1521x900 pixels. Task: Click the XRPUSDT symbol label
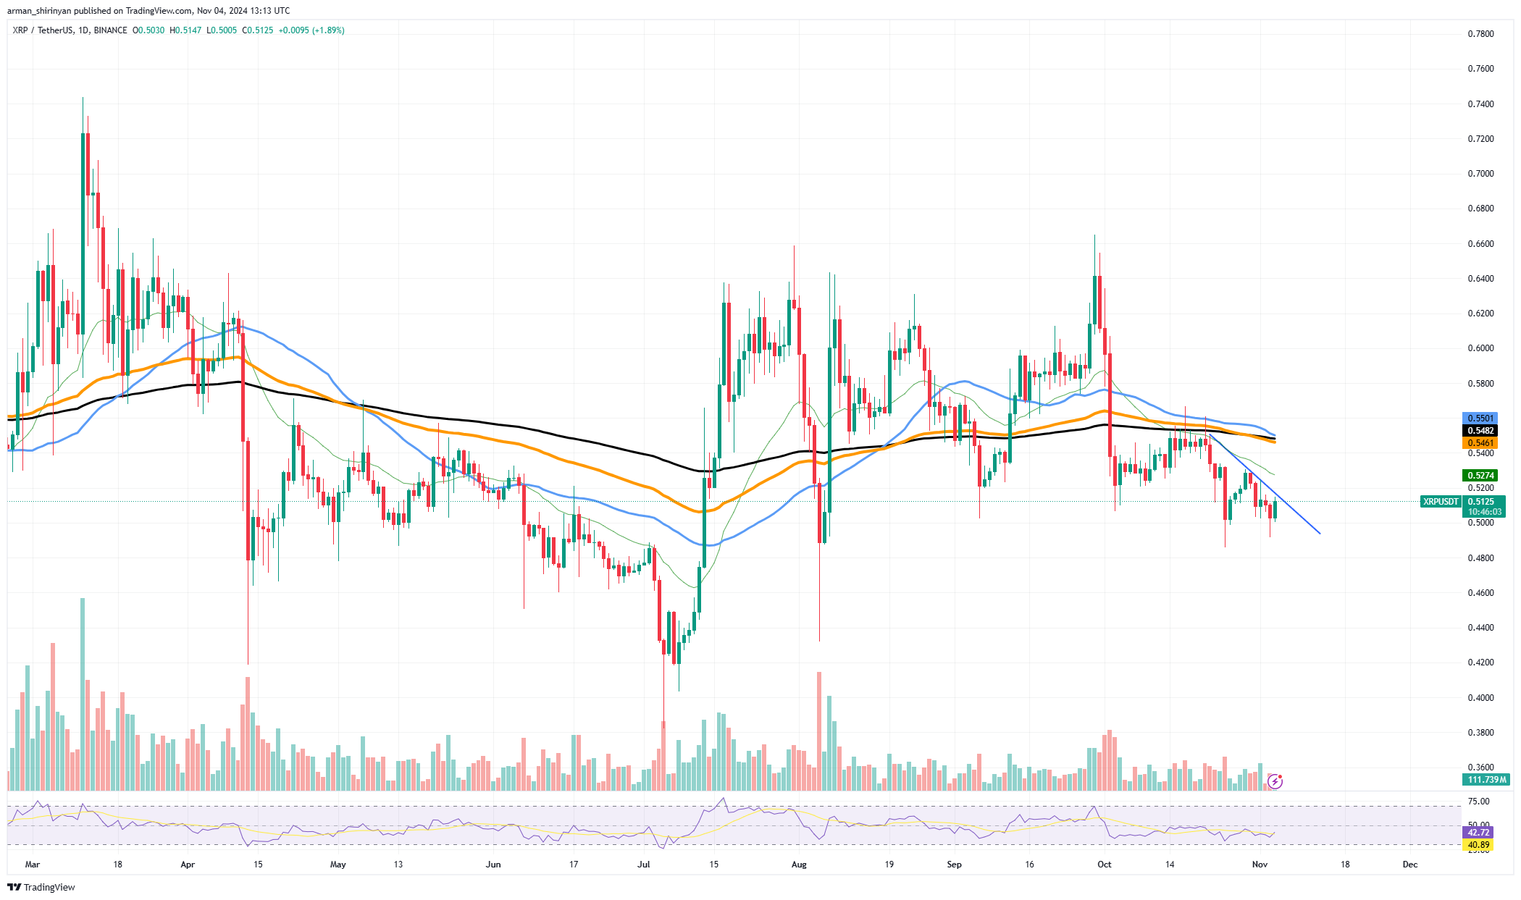coord(1441,502)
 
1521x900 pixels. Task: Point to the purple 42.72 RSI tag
coord(1478,833)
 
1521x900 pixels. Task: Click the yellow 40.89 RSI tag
coord(1478,845)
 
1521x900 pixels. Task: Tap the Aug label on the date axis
coord(799,865)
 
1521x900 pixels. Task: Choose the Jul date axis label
coord(644,865)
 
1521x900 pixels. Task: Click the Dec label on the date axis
coord(1409,865)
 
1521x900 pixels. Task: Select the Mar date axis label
coord(32,865)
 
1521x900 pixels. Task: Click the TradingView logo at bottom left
coord(41,888)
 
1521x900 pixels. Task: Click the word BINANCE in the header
coord(110,30)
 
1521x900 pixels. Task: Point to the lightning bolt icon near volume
coord(1275,781)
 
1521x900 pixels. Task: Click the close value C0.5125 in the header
coord(258,30)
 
